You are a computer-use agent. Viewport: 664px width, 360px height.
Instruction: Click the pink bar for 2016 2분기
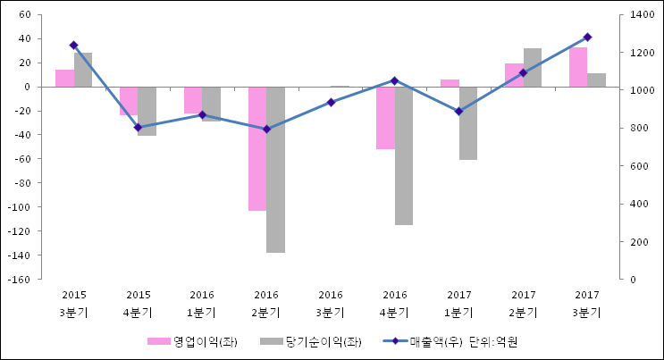click(256, 148)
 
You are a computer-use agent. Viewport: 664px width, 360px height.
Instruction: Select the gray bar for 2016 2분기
click(275, 170)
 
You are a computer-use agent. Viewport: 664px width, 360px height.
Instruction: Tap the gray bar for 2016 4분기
click(404, 155)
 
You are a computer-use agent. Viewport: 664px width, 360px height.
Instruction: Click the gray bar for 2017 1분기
click(468, 123)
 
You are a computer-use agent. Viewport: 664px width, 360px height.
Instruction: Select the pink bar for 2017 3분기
click(578, 67)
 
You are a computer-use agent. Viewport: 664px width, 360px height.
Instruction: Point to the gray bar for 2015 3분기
click(83, 70)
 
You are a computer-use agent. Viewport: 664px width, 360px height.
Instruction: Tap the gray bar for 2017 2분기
click(533, 68)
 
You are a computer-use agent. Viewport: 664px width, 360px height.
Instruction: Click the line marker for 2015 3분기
click(73, 45)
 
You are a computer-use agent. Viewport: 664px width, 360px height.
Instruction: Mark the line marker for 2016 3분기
click(331, 102)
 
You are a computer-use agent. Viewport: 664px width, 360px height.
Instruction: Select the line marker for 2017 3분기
click(587, 38)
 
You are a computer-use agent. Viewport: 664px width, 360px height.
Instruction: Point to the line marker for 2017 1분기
click(458, 112)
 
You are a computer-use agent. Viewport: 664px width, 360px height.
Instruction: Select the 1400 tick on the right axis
click(642, 15)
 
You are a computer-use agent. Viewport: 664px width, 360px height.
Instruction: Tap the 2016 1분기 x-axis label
click(202, 304)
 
